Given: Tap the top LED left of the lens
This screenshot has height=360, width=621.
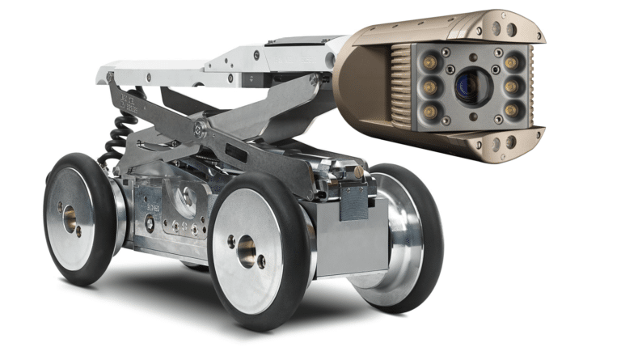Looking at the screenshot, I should (429, 61).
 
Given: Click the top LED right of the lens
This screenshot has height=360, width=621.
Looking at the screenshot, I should (510, 61).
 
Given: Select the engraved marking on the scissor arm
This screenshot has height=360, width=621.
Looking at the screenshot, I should (128, 100).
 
